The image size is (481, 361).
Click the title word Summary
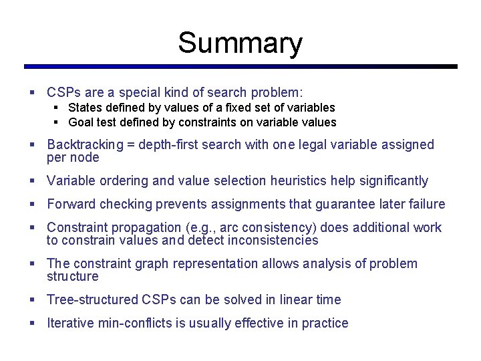[240, 43]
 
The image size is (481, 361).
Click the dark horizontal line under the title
[240, 67]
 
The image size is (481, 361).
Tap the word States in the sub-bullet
[86, 108]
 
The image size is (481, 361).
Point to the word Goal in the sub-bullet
[82, 122]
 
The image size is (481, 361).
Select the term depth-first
[179, 145]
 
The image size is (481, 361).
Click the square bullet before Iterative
[33, 323]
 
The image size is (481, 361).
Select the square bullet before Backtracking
[33, 144]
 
